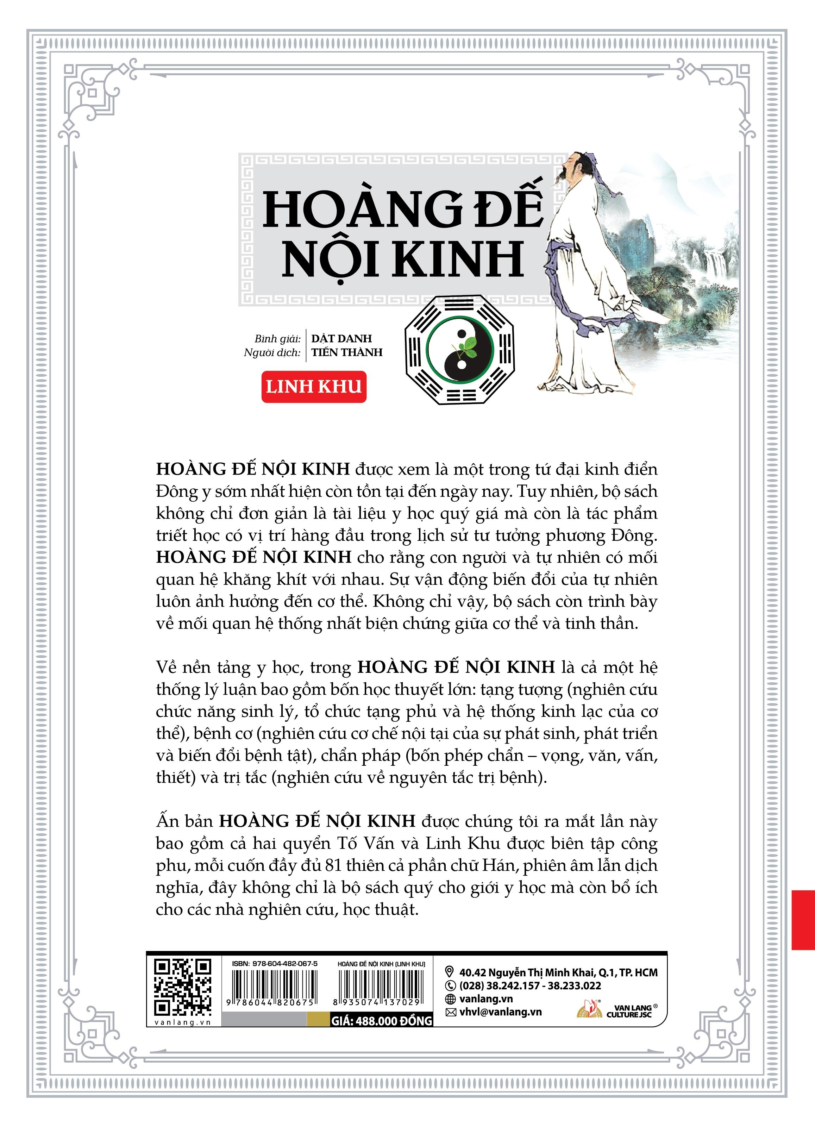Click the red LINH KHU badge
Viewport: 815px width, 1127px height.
[x=314, y=387]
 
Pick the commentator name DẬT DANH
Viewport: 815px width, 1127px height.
[x=341, y=338]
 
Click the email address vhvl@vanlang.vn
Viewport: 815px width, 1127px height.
[x=500, y=1012]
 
